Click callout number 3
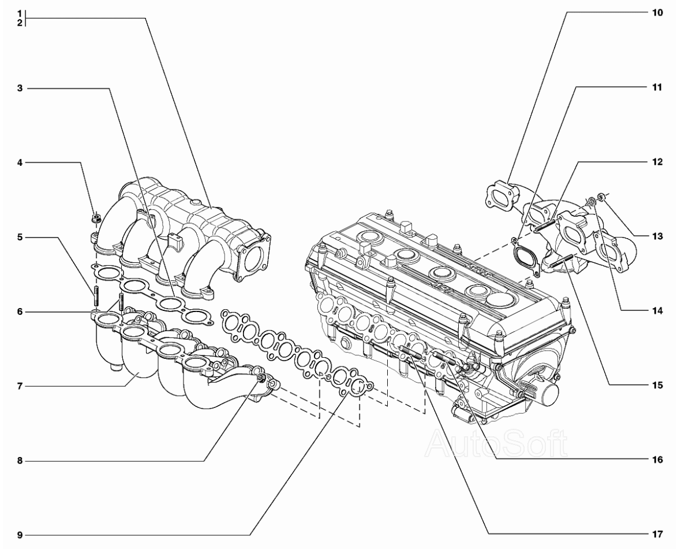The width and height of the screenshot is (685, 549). (x=20, y=88)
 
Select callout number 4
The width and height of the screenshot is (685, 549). (x=20, y=163)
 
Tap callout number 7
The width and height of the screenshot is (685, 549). (x=20, y=386)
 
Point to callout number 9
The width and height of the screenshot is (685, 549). (x=20, y=535)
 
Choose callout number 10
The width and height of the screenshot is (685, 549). (x=657, y=13)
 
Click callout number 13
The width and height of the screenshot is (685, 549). (x=657, y=236)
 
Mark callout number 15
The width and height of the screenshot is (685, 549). (x=657, y=385)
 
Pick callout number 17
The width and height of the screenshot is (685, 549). (x=657, y=534)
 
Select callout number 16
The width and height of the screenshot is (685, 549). (x=657, y=460)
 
